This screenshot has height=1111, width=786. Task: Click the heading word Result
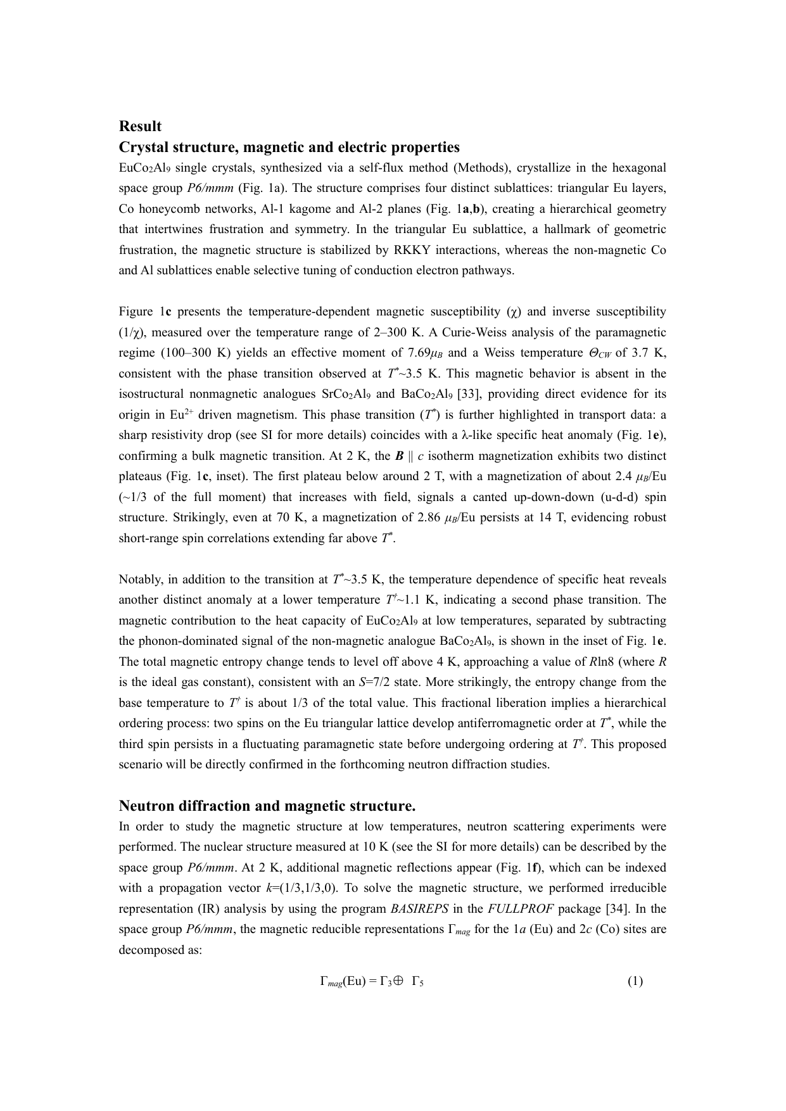click(x=140, y=126)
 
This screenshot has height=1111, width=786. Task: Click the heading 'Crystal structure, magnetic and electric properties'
click(x=289, y=148)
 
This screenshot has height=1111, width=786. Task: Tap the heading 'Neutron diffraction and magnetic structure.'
click(x=267, y=806)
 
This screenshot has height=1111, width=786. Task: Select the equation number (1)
click(x=635, y=981)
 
